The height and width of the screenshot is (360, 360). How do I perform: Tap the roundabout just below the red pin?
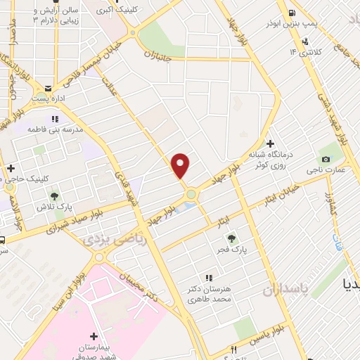click(x=190, y=193)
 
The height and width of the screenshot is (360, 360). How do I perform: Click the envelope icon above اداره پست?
click(x=48, y=89)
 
